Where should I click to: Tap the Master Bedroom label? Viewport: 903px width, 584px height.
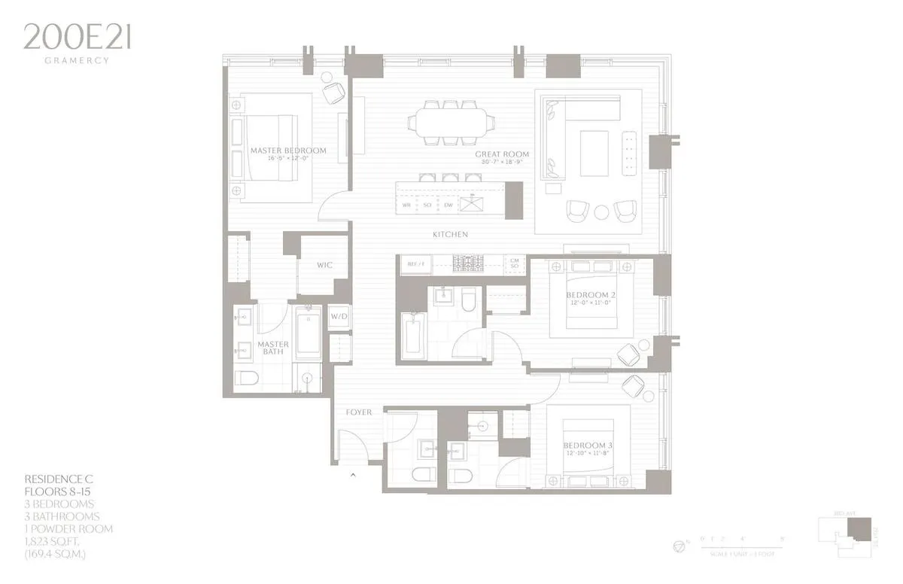(288, 151)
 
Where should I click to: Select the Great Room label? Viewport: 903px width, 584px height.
(502, 154)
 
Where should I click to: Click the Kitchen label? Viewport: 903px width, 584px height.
(450, 235)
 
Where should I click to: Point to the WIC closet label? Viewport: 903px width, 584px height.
(324, 266)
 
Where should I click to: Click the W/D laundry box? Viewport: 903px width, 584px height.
(339, 316)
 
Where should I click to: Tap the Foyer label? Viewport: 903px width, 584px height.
(359, 412)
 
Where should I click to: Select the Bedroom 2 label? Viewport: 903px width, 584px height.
(591, 294)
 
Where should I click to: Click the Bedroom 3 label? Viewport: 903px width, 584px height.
(588, 446)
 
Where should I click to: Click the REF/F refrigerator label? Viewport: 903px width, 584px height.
(416, 264)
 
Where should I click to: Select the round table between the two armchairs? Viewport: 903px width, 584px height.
(601, 212)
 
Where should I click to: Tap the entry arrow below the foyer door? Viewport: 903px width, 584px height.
(354, 475)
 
